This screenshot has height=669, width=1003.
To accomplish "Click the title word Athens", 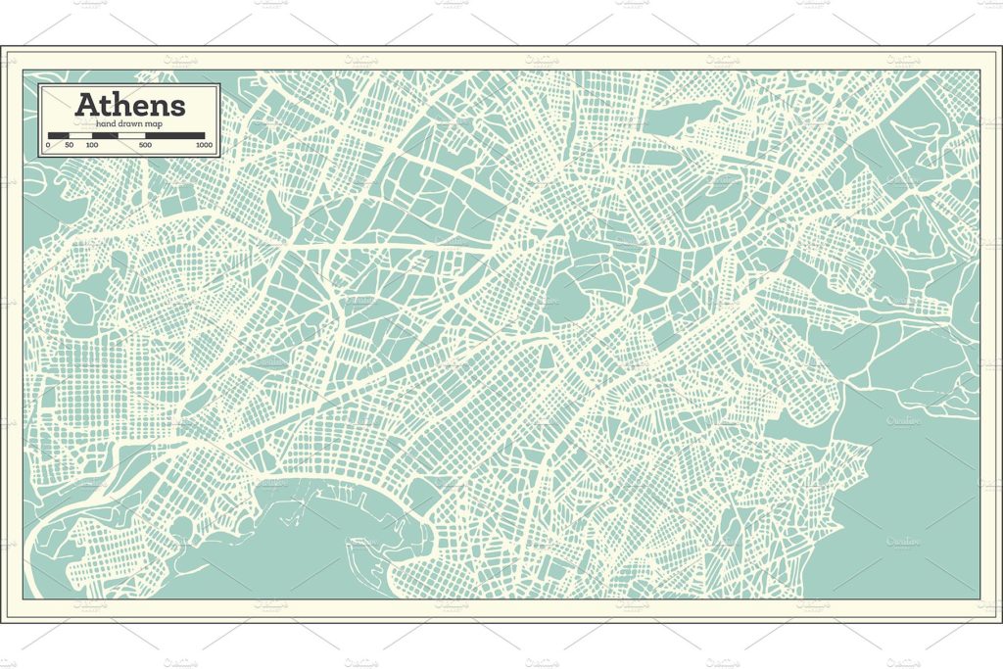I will click(x=129, y=104).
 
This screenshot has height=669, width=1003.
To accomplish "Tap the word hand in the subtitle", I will click(x=105, y=124).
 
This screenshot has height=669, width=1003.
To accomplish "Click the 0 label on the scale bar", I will click(x=47, y=145).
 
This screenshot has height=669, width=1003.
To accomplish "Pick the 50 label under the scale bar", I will click(x=69, y=145).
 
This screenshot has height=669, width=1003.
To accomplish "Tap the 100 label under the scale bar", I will click(x=91, y=145).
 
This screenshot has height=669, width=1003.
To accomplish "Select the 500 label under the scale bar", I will click(x=145, y=145).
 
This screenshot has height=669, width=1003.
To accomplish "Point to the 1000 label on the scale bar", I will click(x=204, y=145).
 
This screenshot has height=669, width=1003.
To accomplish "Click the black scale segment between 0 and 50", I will click(x=58, y=135).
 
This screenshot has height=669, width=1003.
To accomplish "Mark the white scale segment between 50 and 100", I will click(x=80, y=135).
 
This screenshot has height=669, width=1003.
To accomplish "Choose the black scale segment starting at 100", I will click(x=105, y=135).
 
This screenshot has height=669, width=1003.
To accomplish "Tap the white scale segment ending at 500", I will click(x=131, y=135).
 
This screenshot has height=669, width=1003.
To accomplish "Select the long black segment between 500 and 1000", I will click(x=175, y=135).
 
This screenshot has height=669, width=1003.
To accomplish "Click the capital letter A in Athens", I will click(x=85, y=104).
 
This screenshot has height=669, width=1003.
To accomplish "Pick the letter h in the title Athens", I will click(x=121, y=104).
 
